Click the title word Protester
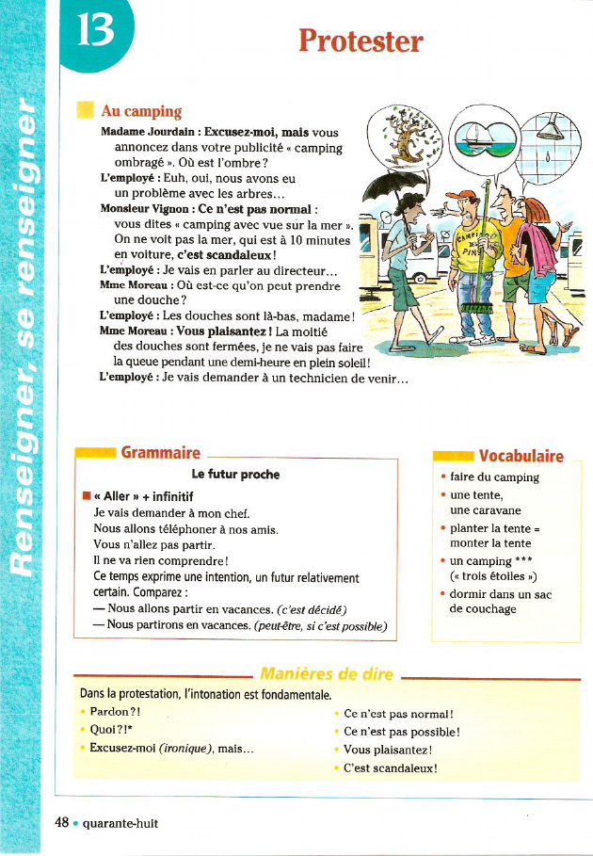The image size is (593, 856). (361, 40)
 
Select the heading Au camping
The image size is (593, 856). (140, 112)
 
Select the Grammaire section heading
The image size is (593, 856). (160, 452)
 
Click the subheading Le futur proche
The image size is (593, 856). (235, 474)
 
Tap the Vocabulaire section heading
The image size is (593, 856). (521, 457)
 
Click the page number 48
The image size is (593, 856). (62, 822)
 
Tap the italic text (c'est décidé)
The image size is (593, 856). (313, 607)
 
